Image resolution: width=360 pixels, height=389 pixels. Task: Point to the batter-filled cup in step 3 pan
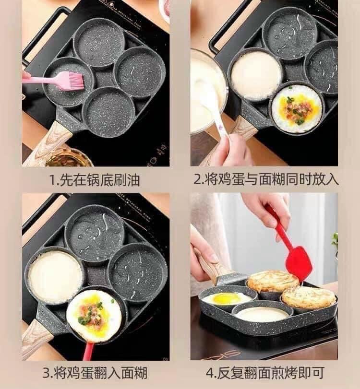[55, 276]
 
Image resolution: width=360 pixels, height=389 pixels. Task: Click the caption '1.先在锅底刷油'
[95, 180]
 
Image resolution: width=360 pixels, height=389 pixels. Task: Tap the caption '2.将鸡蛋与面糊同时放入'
[266, 178]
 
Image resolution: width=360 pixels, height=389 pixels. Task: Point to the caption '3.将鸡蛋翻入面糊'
[95, 373]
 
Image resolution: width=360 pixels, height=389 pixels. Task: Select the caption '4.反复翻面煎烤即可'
[265, 373]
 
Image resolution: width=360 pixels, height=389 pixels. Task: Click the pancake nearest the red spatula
[273, 282]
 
